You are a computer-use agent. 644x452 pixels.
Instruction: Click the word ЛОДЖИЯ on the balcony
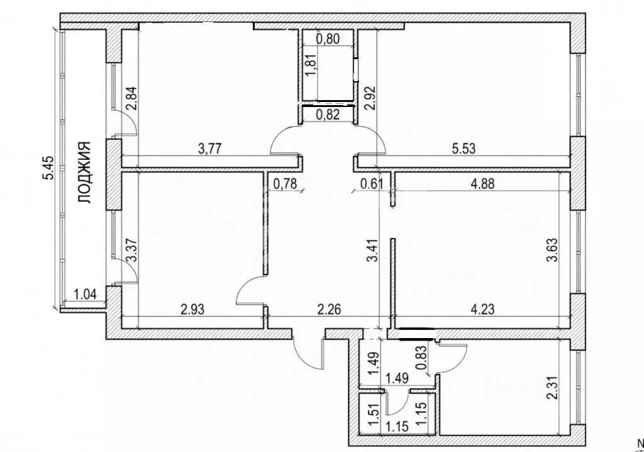pos(84,172)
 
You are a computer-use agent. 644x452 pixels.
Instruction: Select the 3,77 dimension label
pos(210,148)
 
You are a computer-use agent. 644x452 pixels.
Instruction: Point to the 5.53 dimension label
pos(464,148)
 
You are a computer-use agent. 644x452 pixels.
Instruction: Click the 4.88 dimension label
pos(482,183)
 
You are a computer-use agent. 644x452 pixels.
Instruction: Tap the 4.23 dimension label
pos(482,308)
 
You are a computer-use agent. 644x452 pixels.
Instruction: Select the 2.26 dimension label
pos(330,308)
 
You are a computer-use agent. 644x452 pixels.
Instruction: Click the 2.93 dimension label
pos(192,308)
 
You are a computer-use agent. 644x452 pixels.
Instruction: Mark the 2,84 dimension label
pos(132,98)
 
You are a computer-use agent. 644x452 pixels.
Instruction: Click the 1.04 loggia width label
pos(85,294)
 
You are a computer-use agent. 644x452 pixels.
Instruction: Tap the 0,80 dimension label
pos(328,38)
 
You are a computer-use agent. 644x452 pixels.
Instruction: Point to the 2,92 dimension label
pos(370,98)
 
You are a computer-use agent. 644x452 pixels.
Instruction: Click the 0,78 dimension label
pos(285,183)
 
